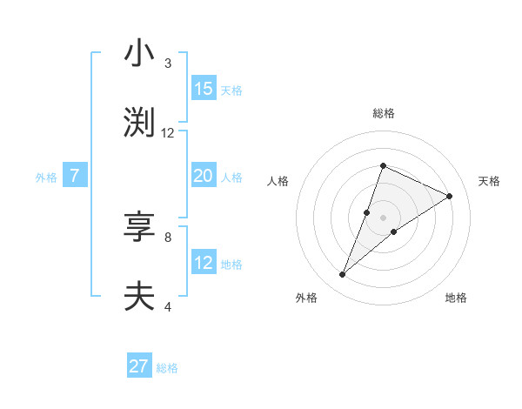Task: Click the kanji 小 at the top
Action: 139,54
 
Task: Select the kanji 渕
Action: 139,122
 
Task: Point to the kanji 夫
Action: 139,296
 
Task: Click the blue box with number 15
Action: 204,89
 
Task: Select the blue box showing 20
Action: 204,176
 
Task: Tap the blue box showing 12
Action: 204,263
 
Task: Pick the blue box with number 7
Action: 75,176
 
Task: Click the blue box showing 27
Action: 139,366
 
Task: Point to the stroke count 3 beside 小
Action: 168,64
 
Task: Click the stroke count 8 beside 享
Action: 168,236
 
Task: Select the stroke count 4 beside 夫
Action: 168,305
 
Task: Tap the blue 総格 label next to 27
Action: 167,368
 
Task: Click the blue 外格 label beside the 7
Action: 46,178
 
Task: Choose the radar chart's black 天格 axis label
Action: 489,181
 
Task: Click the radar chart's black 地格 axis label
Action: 456,298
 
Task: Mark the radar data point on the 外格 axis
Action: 343,275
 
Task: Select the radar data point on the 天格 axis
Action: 450,196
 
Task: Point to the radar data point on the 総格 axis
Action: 383,165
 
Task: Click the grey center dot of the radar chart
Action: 383,218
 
